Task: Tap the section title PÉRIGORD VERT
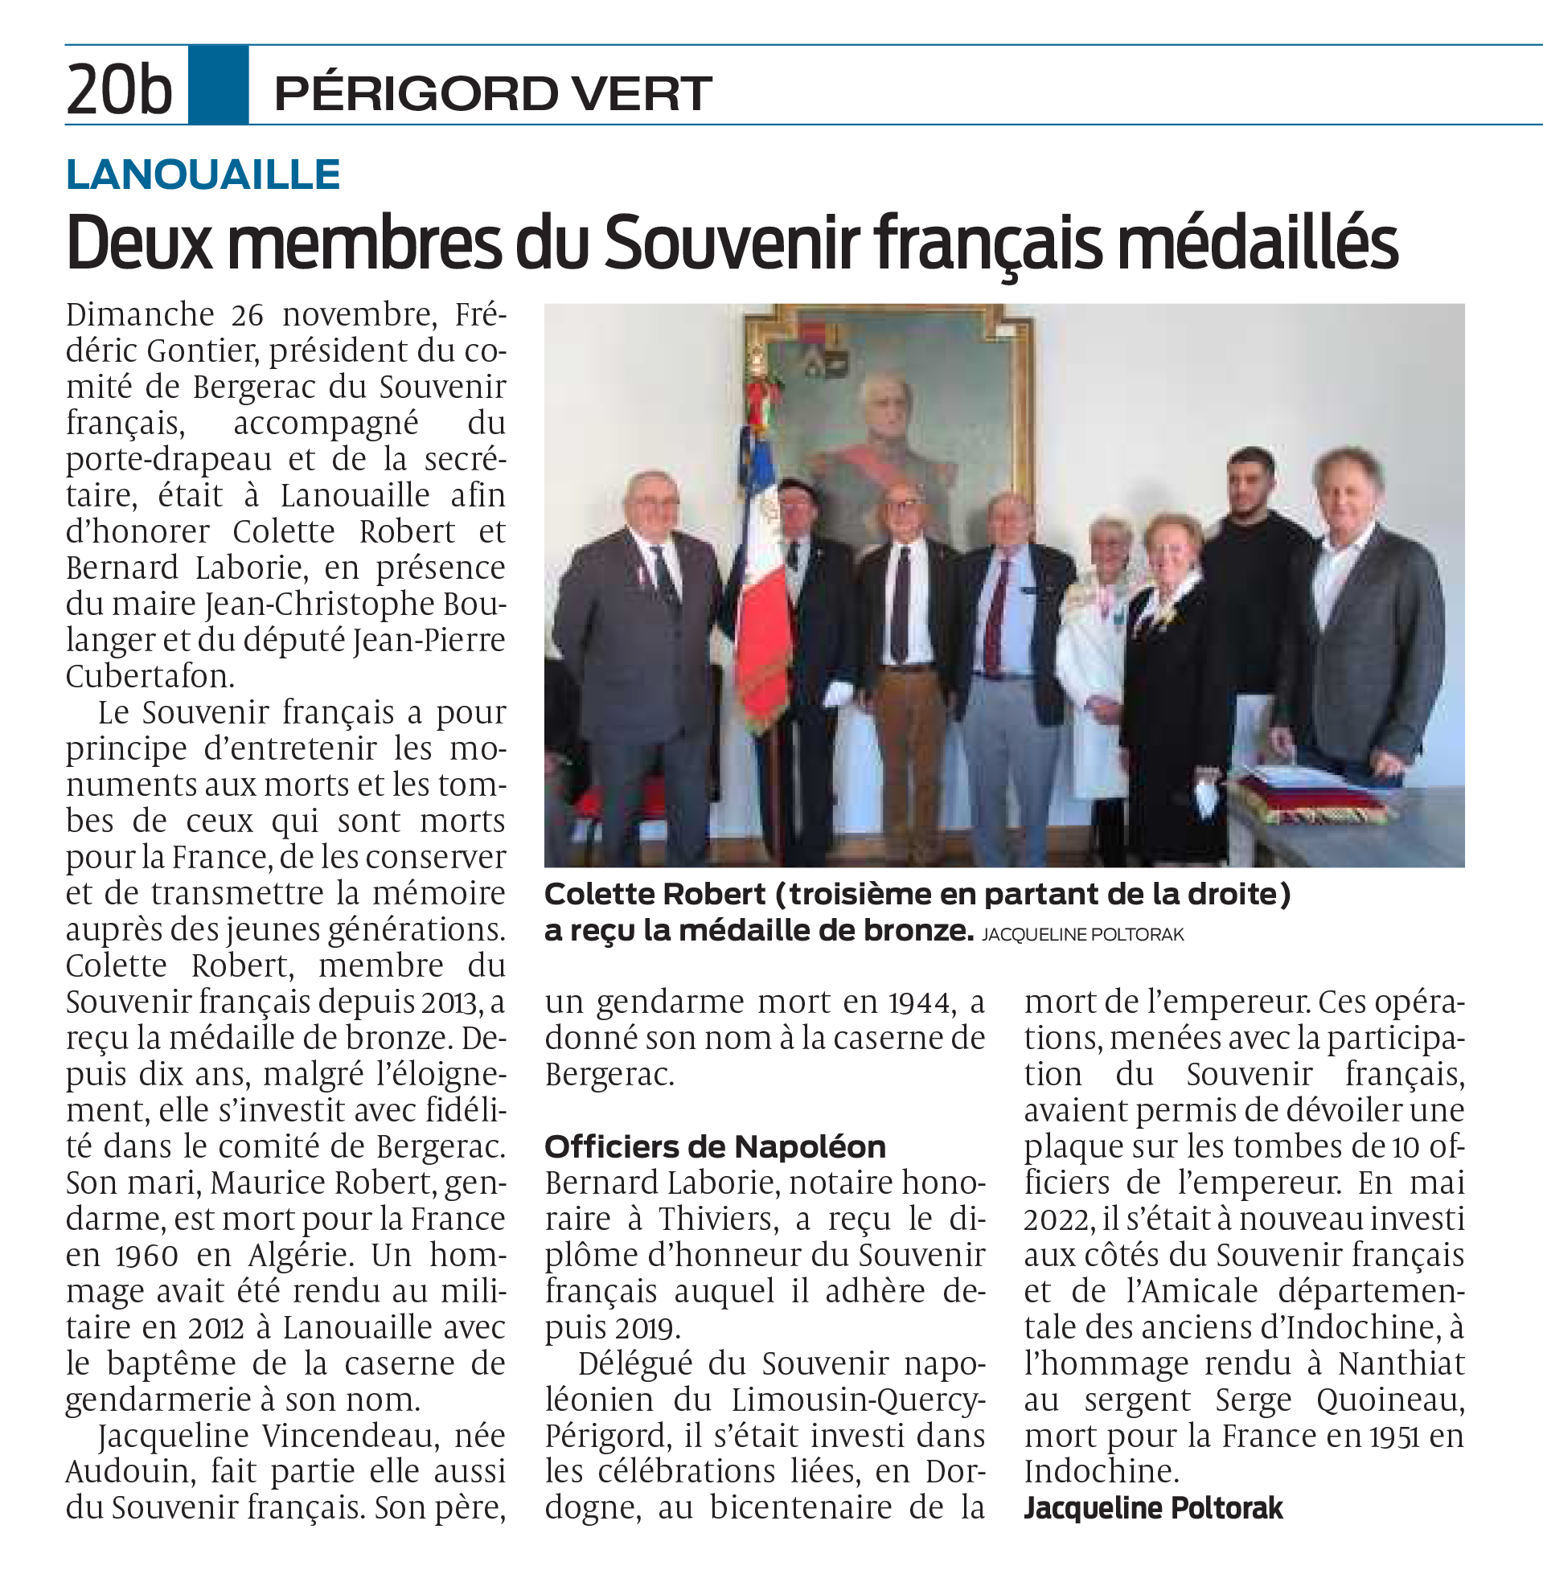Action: click(492, 93)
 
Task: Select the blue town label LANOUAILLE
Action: click(203, 175)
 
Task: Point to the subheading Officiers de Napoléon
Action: click(715, 1147)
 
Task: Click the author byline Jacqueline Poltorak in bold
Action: click(1153, 1508)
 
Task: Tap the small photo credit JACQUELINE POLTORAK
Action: click(1083, 935)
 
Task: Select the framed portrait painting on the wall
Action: click(887, 405)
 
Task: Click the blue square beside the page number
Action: click(218, 85)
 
